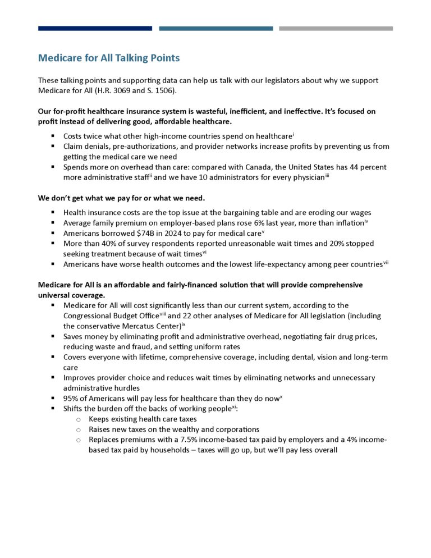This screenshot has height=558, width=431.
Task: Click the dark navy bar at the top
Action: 95,28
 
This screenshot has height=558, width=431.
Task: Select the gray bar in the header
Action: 336,28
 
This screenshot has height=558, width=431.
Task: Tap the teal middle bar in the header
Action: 216,28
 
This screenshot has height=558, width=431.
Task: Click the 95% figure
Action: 71,398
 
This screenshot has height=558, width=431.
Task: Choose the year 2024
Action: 160,234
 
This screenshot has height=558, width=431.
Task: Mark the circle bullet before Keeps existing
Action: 78,419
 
